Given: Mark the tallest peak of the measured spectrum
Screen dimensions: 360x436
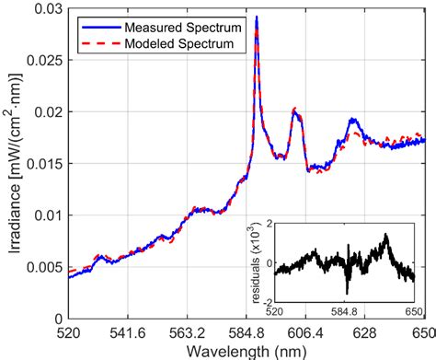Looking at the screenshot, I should (x=256, y=17).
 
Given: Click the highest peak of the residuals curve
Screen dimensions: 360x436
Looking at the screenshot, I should (x=386, y=235).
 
